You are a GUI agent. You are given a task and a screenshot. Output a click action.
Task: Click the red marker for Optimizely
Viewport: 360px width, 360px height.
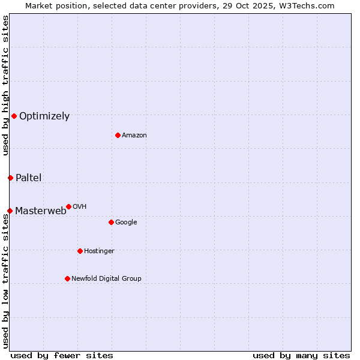pos(14,116)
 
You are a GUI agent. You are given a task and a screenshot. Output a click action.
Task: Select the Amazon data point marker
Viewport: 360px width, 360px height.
pos(118,135)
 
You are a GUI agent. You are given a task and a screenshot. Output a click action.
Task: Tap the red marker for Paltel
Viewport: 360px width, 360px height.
pos(10,178)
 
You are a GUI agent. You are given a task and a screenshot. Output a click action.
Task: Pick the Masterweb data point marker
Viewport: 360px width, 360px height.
pos(10,211)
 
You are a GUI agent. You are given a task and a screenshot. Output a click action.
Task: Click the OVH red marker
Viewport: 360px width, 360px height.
pos(68,206)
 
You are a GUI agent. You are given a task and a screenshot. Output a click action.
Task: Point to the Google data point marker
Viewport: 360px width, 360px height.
pos(111,222)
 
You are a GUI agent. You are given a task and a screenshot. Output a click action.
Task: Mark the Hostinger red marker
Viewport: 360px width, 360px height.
pos(80,251)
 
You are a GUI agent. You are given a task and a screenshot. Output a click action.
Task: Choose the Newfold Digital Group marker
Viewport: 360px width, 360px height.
pos(67,278)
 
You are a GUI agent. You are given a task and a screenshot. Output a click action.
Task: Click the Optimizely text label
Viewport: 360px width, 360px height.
pos(44,116)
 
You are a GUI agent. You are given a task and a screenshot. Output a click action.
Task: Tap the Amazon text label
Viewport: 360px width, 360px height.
pos(134,136)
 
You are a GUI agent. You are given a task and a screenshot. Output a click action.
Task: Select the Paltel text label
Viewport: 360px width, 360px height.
pos(28,178)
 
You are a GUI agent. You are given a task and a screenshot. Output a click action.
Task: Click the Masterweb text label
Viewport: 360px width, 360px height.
pos(41,211)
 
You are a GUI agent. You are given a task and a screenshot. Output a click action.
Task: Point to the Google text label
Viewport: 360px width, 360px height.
pos(126,223)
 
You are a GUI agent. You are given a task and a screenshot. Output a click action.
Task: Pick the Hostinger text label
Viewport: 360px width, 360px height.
pos(99,251)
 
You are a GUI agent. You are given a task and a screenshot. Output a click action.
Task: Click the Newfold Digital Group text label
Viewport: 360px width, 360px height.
pos(106,279)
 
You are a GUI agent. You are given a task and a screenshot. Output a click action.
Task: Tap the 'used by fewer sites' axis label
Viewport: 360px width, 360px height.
pos(62,355)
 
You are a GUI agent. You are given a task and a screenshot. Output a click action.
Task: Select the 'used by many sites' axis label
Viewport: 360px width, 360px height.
pos(301,355)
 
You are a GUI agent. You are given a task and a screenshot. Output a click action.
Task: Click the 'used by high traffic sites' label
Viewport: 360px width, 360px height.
pos(5,85)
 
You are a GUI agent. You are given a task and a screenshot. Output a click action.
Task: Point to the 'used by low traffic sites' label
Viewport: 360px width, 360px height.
pos(5,281)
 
